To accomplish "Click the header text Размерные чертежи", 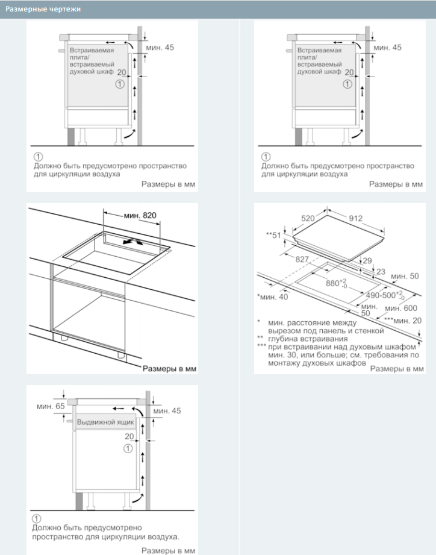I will point(43,9).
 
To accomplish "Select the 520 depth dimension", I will point(308,218).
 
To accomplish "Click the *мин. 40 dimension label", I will point(272,296).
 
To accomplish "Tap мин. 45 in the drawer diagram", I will point(167,411).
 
